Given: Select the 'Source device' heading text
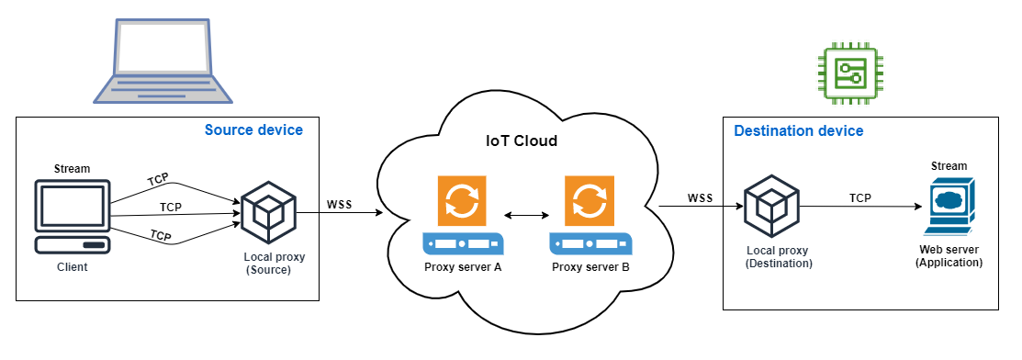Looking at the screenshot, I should coord(253,130).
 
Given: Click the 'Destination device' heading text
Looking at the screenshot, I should coord(798,131).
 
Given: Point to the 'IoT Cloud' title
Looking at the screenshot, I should coord(522,141).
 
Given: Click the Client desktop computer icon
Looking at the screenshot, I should coord(73,216).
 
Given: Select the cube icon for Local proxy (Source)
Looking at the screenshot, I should coord(267,210).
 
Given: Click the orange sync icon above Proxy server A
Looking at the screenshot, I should coord(463,201).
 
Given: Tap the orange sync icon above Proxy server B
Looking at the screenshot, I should coord(591,201).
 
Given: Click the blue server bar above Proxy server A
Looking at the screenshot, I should coord(463,244).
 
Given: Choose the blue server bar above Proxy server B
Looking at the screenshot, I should coord(591,244).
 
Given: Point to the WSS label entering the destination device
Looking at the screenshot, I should coord(701,198).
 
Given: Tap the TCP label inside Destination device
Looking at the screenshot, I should coord(859,198).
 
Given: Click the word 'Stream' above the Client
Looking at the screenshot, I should coord(73,168).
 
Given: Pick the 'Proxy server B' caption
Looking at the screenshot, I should coord(590,267).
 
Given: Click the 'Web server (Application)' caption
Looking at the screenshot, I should coord(949,255).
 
